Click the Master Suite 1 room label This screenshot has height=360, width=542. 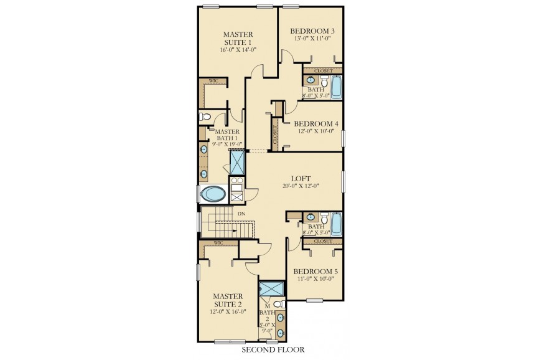tap(238, 38)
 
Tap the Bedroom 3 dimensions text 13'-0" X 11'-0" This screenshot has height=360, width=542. tap(312, 39)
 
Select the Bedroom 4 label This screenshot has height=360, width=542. tap(316, 124)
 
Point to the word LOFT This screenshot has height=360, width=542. tap(301, 179)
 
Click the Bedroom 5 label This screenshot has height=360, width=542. tap(315, 272)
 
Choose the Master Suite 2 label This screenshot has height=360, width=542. tap(228, 300)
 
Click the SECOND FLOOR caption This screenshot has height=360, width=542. tap(273, 349)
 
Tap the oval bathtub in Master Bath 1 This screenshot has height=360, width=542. tap(213, 194)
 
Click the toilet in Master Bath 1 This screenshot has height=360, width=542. tap(205, 116)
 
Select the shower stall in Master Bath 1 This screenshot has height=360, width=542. tap(237, 162)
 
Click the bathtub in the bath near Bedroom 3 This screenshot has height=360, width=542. tap(336, 87)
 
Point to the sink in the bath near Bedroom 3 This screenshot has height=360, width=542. tap(311, 80)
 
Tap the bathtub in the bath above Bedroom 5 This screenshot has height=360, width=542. tap(336, 224)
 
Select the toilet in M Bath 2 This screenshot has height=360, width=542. tap(279, 305)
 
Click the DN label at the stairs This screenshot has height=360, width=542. tap(241, 214)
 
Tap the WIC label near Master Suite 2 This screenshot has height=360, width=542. tap(218, 243)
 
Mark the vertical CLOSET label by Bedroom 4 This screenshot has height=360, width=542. tap(275, 135)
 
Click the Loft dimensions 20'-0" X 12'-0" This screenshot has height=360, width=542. tap(301, 186)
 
